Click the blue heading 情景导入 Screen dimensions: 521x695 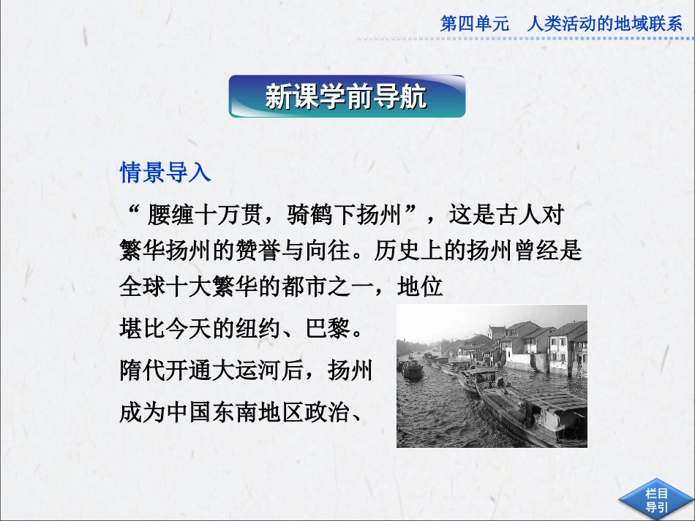pyautogui.click(x=165, y=173)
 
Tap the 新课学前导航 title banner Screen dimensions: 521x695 pyautogui.click(x=347, y=96)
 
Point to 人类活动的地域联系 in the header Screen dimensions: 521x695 pyautogui.click(x=604, y=24)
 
